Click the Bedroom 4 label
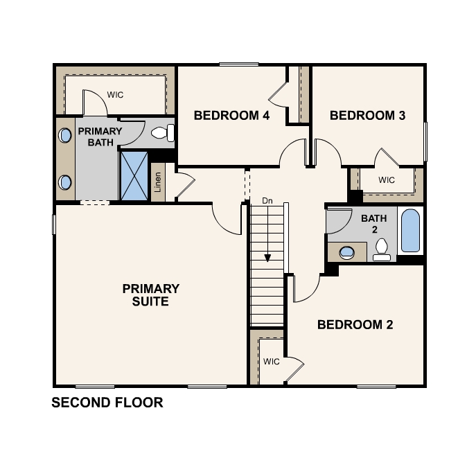click(x=231, y=116)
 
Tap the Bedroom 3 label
click(x=368, y=116)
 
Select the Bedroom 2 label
click(x=355, y=325)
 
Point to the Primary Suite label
click(x=151, y=295)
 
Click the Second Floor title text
click(x=107, y=403)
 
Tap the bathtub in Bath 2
click(x=410, y=231)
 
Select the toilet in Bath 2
click(x=382, y=249)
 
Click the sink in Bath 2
click(x=346, y=252)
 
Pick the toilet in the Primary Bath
click(x=163, y=133)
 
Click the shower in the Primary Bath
click(x=134, y=176)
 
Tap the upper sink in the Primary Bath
click(x=64, y=135)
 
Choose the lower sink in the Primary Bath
click(x=64, y=182)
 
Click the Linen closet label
click(x=157, y=182)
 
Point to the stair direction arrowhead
click(x=267, y=258)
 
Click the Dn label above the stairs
click(x=267, y=201)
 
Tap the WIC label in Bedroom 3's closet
click(x=387, y=180)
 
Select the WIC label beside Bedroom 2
click(x=272, y=362)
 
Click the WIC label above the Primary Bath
click(x=115, y=95)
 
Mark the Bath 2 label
click(x=374, y=224)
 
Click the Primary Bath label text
click(x=100, y=137)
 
